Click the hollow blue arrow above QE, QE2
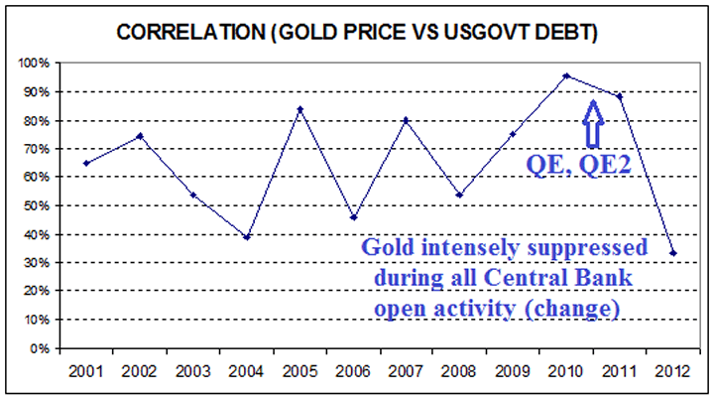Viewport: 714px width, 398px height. tap(593, 123)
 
